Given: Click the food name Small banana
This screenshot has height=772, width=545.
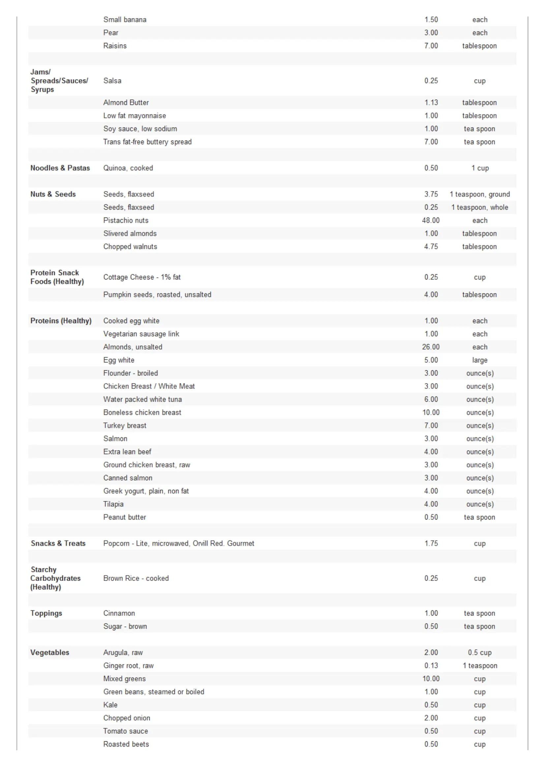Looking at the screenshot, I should [x=125, y=19].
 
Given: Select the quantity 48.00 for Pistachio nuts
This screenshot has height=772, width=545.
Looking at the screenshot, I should [x=431, y=220].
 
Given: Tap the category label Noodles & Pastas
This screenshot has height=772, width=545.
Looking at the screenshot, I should [x=60, y=168].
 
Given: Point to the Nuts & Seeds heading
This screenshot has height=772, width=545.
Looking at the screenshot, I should [x=53, y=194].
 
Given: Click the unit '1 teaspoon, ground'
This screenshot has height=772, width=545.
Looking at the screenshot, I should [x=479, y=194].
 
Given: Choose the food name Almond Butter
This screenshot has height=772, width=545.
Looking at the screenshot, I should [x=126, y=103].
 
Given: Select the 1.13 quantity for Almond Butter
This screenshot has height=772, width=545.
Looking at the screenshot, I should [x=431, y=103].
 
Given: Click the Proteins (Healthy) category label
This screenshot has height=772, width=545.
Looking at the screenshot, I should [x=61, y=320].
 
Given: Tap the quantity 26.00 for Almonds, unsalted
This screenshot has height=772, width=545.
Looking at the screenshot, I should [x=431, y=347].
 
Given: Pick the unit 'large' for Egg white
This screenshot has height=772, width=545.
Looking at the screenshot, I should [x=479, y=360].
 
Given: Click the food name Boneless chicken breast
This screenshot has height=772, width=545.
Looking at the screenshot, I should [x=142, y=412].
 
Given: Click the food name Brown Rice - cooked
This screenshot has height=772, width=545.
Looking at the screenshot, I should [x=136, y=578].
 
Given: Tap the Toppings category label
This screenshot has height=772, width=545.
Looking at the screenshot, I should [x=46, y=613].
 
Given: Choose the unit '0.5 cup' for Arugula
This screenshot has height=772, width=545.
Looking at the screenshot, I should [x=479, y=652].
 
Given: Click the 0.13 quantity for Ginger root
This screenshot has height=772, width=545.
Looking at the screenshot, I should [x=431, y=665].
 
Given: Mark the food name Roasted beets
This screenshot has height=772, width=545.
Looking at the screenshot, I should [x=126, y=744].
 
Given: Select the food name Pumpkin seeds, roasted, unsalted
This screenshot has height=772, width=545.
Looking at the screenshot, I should [x=157, y=294].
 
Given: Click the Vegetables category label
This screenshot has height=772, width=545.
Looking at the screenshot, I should [x=50, y=652].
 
